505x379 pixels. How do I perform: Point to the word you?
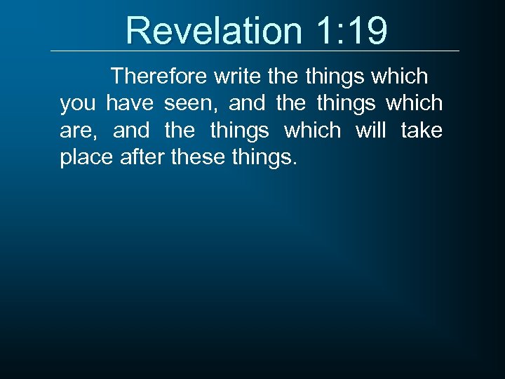click(79, 105)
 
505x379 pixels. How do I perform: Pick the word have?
click(130, 103)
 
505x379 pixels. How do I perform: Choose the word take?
click(422, 131)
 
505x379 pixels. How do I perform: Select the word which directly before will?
click(311, 131)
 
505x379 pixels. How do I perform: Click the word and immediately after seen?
click(248, 103)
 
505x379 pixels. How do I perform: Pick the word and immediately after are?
click(132, 131)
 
